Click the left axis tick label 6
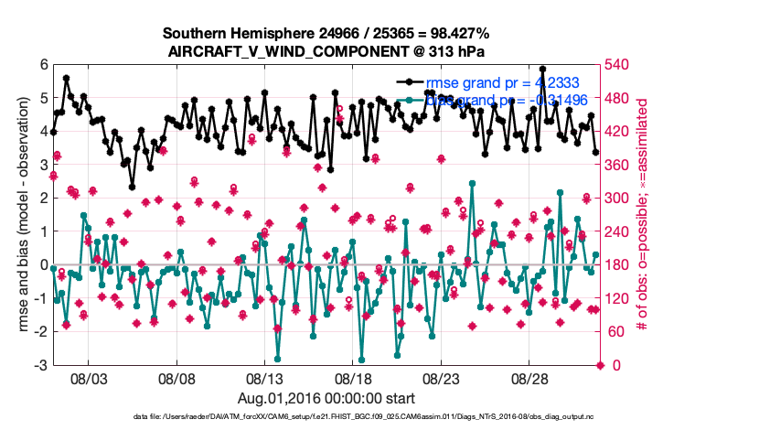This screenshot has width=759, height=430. (43, 64)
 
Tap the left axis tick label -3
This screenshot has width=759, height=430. (40, 365)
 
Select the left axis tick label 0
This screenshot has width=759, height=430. (43, 264)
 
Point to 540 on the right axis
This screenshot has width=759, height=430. (618, 64)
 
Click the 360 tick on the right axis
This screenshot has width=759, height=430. (618, 165)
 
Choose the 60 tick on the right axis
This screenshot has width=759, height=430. (615, 332)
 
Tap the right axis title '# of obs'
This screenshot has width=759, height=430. (642, 215)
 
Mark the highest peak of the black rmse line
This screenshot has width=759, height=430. (543, 69)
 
